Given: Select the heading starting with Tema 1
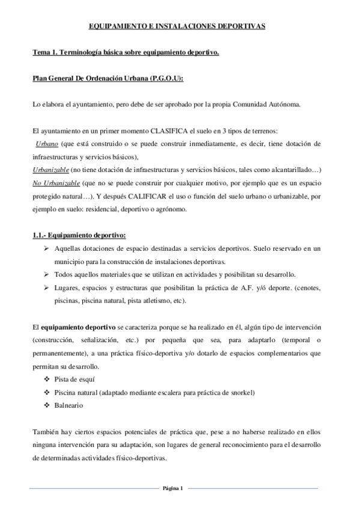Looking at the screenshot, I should [126, 54].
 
